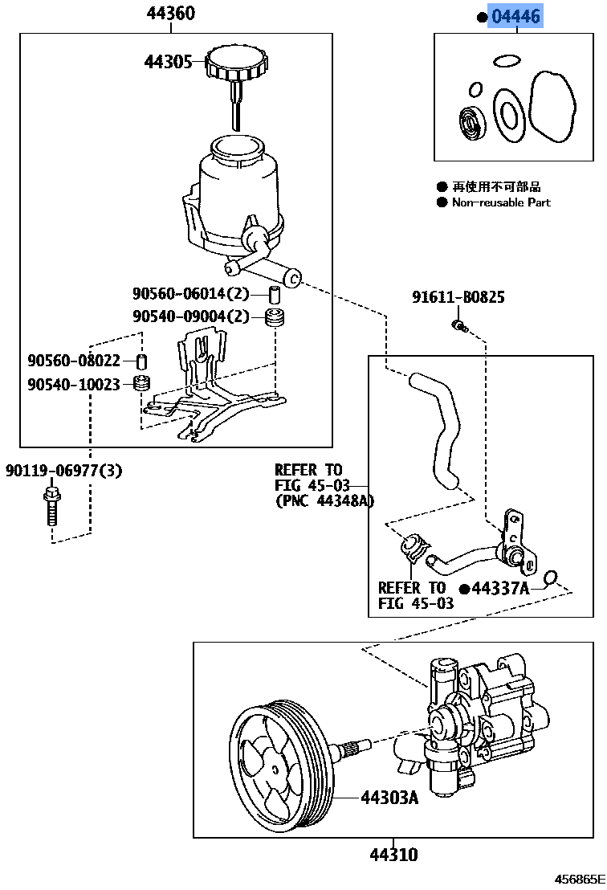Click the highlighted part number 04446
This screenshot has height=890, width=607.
coord(516,16)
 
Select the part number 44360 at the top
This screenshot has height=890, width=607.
coord(170,14)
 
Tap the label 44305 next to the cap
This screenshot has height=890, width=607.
coord(168,62)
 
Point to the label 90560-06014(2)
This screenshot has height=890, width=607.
coord(191,294)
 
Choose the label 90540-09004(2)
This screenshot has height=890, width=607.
coord(191,316)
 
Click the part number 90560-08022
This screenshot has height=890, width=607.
coord(73,361)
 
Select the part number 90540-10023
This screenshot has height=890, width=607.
coord(73,385)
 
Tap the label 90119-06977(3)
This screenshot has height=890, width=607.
coord(64,471)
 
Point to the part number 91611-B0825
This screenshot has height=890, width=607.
coord(458,298)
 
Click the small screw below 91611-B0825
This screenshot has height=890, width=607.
coord(459,325)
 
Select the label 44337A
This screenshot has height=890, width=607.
coord(499,589)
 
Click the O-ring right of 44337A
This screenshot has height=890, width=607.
coord(551,578)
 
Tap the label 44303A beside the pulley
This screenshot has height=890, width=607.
coord(389,798)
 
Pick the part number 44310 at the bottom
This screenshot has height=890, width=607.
coord(393,855)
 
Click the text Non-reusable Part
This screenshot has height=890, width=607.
coord(501,203)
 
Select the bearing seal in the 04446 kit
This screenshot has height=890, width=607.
coord(471,122)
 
